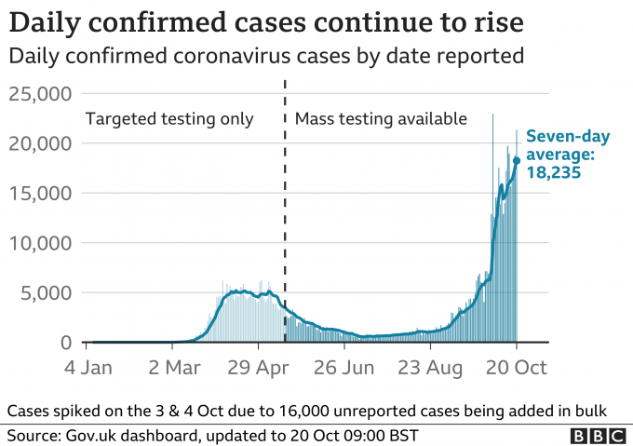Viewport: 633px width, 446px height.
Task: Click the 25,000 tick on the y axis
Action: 40,94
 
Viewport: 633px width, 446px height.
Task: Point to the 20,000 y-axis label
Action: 40,143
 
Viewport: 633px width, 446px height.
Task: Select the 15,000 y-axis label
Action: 40,194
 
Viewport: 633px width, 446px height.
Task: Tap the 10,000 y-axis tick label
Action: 40,243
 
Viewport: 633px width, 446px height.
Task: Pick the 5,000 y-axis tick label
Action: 46,293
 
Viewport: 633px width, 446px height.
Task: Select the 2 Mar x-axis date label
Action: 174,368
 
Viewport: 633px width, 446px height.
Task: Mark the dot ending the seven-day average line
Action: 517,160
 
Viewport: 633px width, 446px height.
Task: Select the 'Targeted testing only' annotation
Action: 168,118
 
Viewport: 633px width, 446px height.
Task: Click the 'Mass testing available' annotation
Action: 380,118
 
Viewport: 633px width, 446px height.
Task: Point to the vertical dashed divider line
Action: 284,214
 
